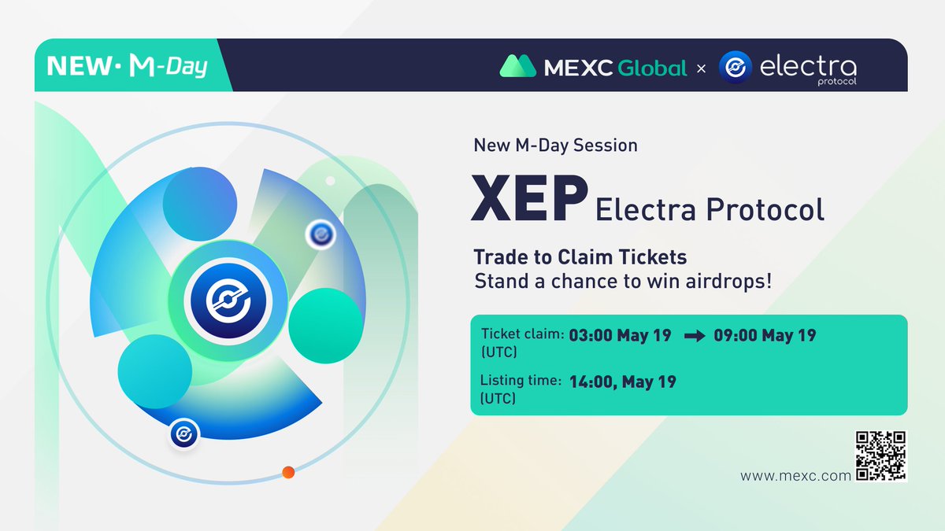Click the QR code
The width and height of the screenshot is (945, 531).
point(880,455)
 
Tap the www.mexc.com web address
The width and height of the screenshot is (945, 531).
point(795,476)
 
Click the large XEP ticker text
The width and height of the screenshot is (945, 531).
point(529,200)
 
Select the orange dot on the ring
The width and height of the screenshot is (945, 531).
point(288,473)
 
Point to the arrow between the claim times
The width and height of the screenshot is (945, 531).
point(695,336)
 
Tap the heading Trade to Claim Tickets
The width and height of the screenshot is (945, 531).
point(580,256)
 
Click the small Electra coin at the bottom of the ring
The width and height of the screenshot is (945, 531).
point(184,433)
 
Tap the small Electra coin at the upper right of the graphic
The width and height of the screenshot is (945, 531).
point(321,234)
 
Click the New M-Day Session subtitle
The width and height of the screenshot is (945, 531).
point(555,146)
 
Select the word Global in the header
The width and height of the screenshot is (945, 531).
point(651,68)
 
